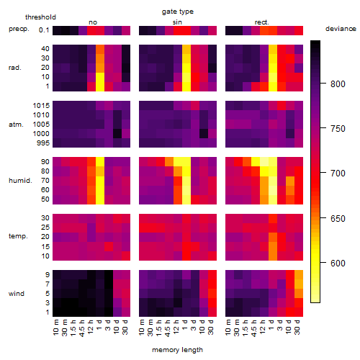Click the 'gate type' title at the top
[178, 12]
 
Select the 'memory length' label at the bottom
[178, 350]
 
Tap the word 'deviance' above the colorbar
[341, 29]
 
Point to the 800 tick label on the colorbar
[338, 84]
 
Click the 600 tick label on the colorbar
[338, 264]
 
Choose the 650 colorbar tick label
[338, 219]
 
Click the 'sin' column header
[177, 22]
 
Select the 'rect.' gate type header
[262, 22]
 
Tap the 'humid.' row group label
[20, 181]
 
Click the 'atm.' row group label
[16, 125]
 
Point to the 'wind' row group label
[17, 294]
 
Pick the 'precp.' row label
[19, 29]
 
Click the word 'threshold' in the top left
[40, 17]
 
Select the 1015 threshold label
[41, 106]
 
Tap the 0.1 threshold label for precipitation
[44, 30]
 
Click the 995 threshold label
[43, 143]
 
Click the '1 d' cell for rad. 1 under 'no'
[100, 86]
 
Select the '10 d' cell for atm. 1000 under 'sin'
[204, 134]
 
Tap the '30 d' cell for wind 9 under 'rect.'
[299, 275]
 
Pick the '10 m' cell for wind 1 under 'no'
[57, 312]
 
